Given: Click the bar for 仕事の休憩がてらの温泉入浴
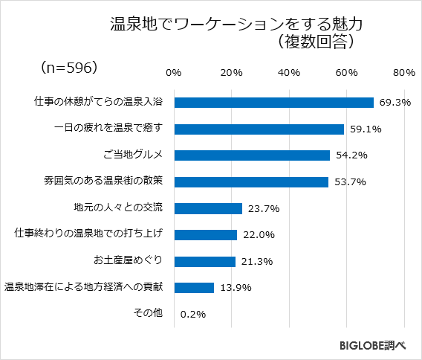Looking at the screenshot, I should click(x=273, y=103).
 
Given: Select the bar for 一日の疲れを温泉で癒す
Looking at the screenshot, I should click(x=259, y=129).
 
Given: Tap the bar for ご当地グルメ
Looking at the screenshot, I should click(x=252, y=155).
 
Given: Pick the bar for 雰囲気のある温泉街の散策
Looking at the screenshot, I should click(x=251, y=181).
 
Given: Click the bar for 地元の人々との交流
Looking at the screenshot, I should click(x=208, y=208).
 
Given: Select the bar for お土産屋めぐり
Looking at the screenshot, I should click(x=204, y=261).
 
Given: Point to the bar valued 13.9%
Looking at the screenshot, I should click(x=194, y=287).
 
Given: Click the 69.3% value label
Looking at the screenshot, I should click(x=394, y=103).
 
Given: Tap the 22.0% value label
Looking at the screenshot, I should click(x=259, y=235).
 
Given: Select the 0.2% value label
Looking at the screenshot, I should click(x=192, y=314).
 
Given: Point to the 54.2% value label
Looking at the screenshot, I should click(x=351, y=155).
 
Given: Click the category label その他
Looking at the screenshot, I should click(x=147, y=313).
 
